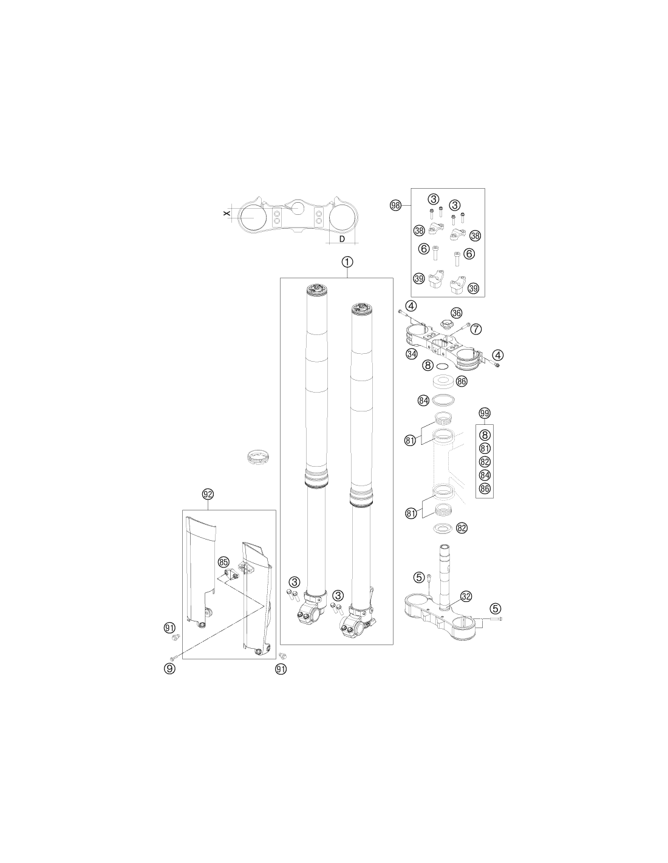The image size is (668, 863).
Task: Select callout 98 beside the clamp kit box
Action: [395, 206]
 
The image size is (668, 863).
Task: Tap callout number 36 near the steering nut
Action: [456, 313]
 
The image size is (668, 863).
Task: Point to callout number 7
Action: [476, 329]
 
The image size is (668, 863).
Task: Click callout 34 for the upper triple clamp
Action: [412, 353]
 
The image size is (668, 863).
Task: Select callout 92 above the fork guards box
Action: [208, 494]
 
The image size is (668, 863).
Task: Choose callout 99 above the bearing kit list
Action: [485, 413]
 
